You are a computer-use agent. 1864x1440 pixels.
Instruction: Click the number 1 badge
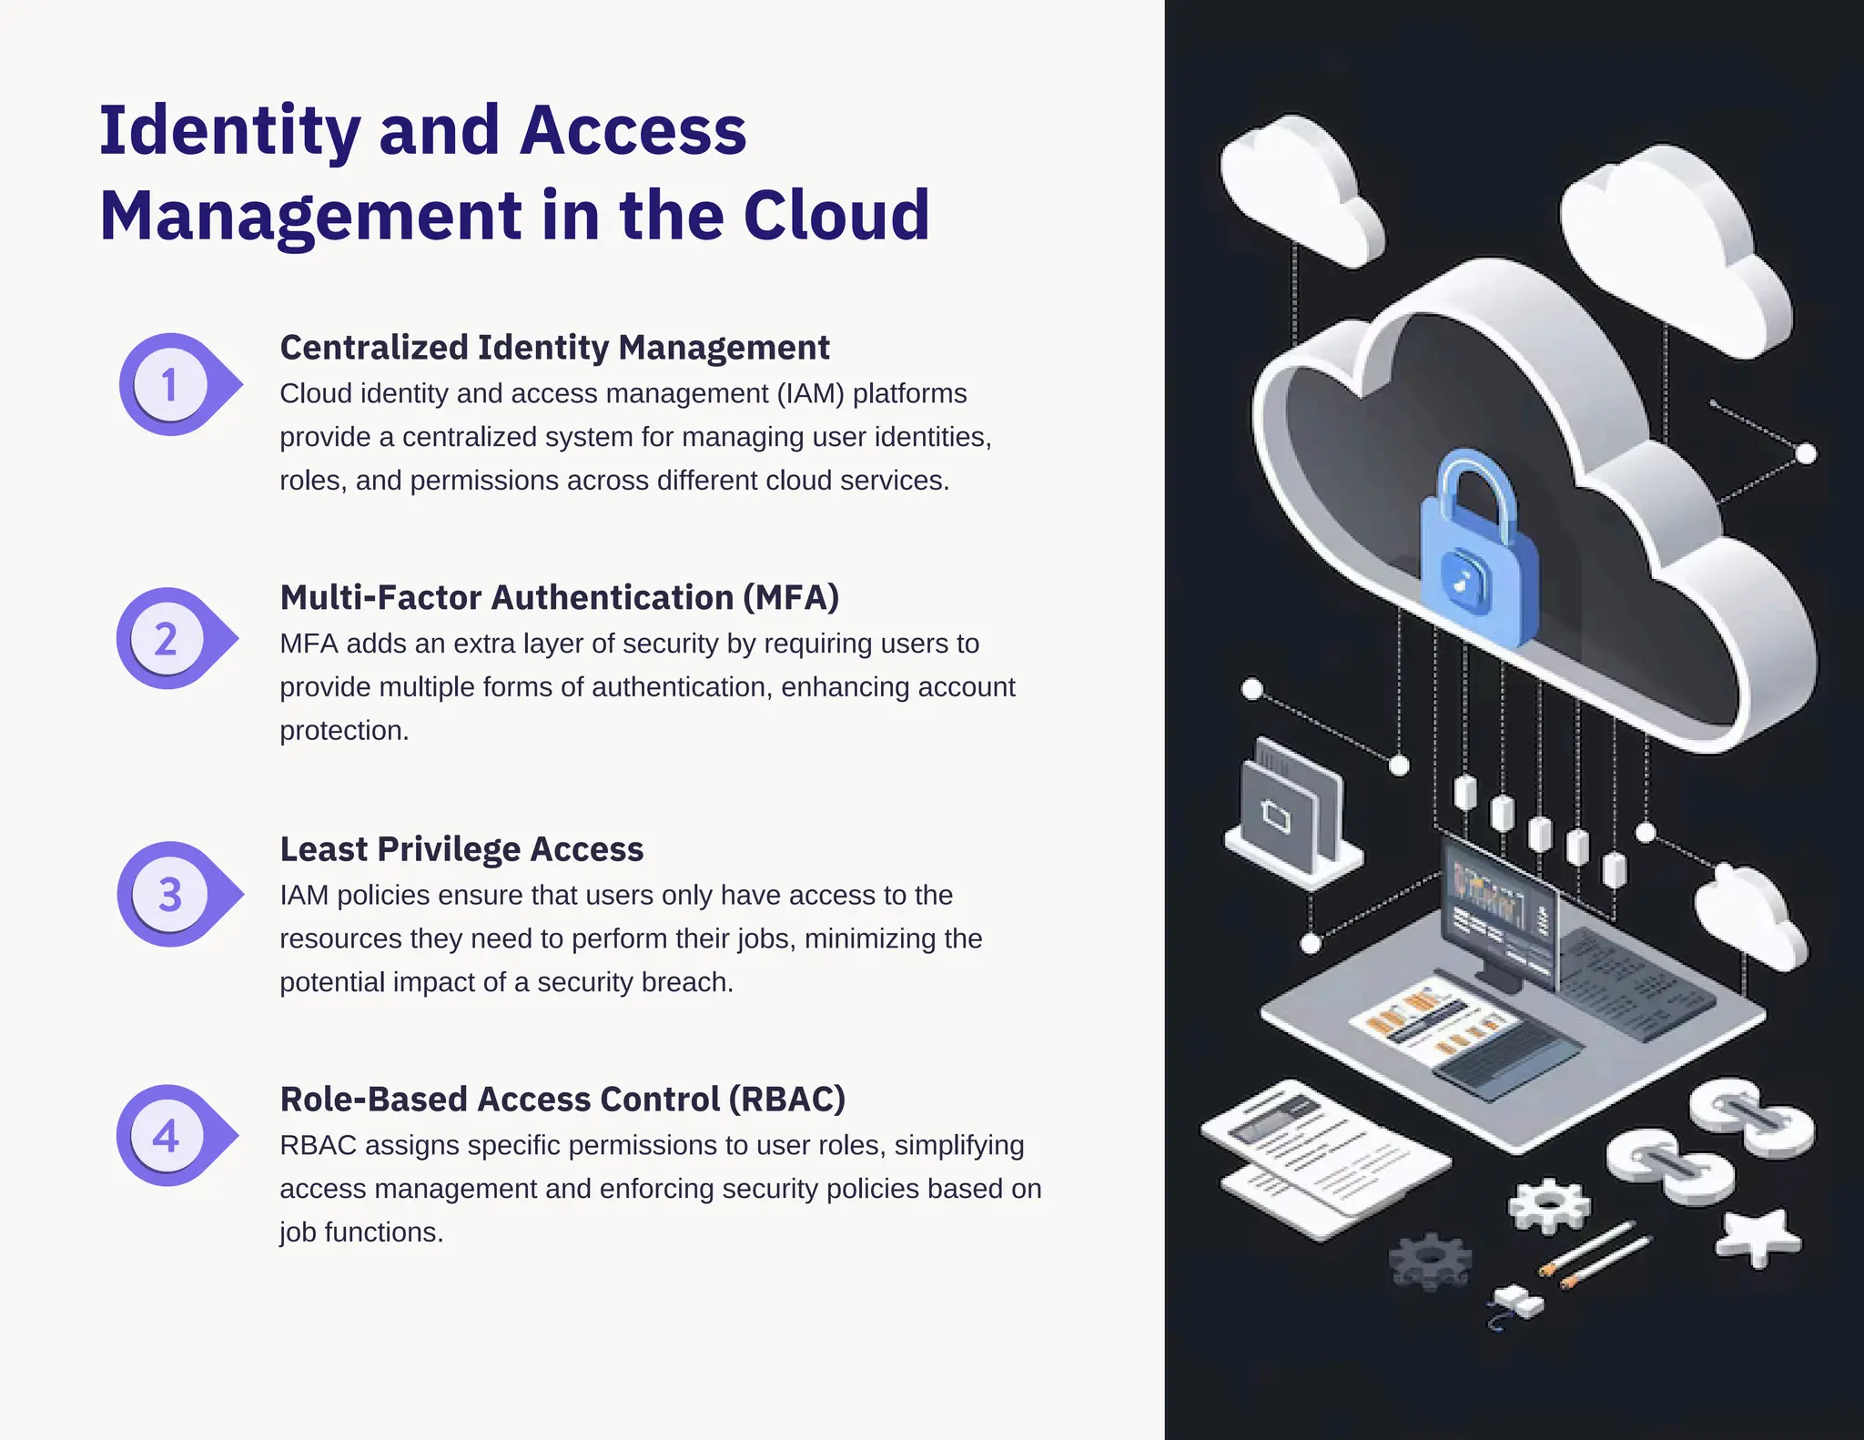point(170,385)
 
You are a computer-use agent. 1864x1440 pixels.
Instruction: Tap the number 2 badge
point(167,639)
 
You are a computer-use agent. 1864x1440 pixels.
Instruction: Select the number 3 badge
point(170,894)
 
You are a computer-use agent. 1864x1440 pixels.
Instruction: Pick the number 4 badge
point(167,1136)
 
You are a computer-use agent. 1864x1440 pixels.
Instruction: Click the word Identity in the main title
point(230,131)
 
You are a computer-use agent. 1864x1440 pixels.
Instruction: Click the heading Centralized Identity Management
point(554,348)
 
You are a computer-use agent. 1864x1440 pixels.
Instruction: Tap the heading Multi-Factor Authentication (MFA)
point(559,598)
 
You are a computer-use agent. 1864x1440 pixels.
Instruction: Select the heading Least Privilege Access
point(461,849)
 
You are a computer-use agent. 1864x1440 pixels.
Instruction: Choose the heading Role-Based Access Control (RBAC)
point(562,1100)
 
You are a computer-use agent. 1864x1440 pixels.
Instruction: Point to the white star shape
point(1757,1237)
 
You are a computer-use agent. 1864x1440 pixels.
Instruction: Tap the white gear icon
point(1548,1205)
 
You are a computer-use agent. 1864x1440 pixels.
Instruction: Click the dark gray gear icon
point(1430,1261)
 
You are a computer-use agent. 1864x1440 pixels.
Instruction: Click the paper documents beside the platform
point(1320,1156)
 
